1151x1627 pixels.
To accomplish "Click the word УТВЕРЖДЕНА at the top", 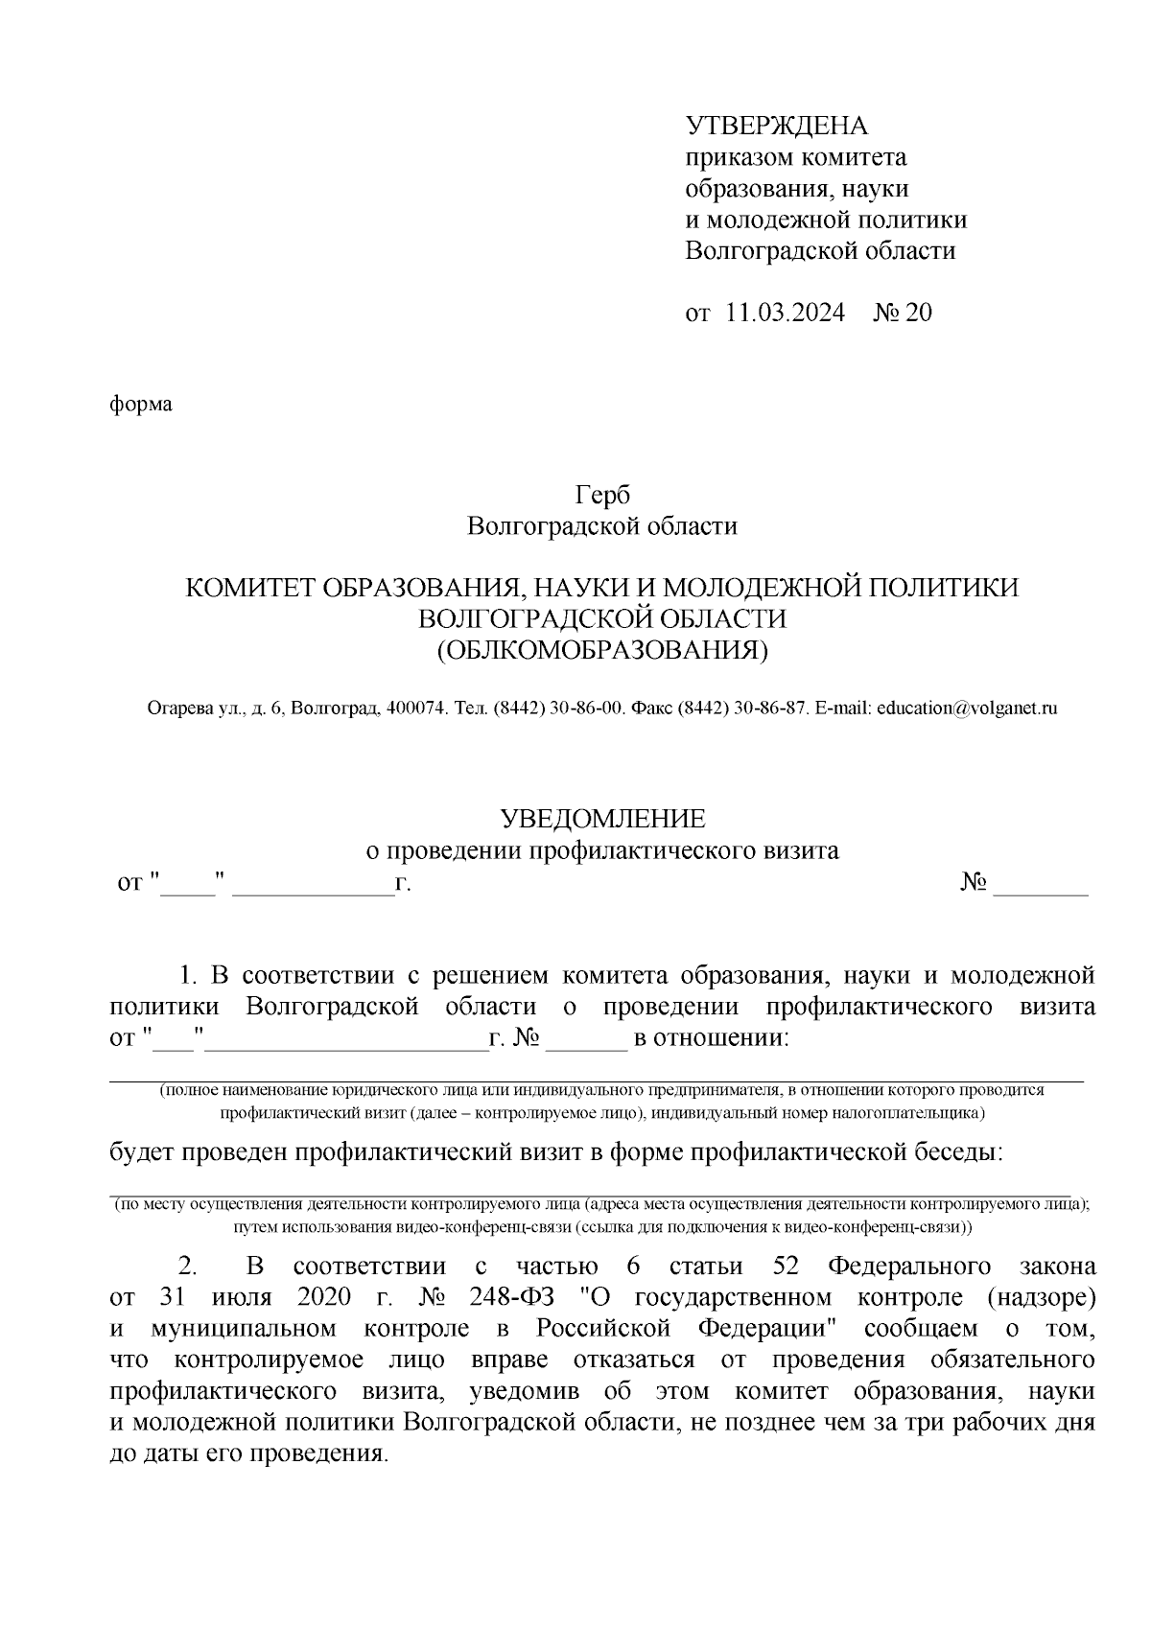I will (775, 126).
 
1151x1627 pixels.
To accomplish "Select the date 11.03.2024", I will (786, 314).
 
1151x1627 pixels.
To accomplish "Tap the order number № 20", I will (902, 314).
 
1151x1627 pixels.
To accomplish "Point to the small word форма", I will (140, 404).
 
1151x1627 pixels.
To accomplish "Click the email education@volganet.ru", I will (967, 709).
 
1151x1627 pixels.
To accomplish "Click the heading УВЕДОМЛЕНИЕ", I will (602, 818).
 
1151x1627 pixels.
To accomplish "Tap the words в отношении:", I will (710, 1038).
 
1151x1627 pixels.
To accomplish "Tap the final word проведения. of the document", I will (319, 1453).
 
